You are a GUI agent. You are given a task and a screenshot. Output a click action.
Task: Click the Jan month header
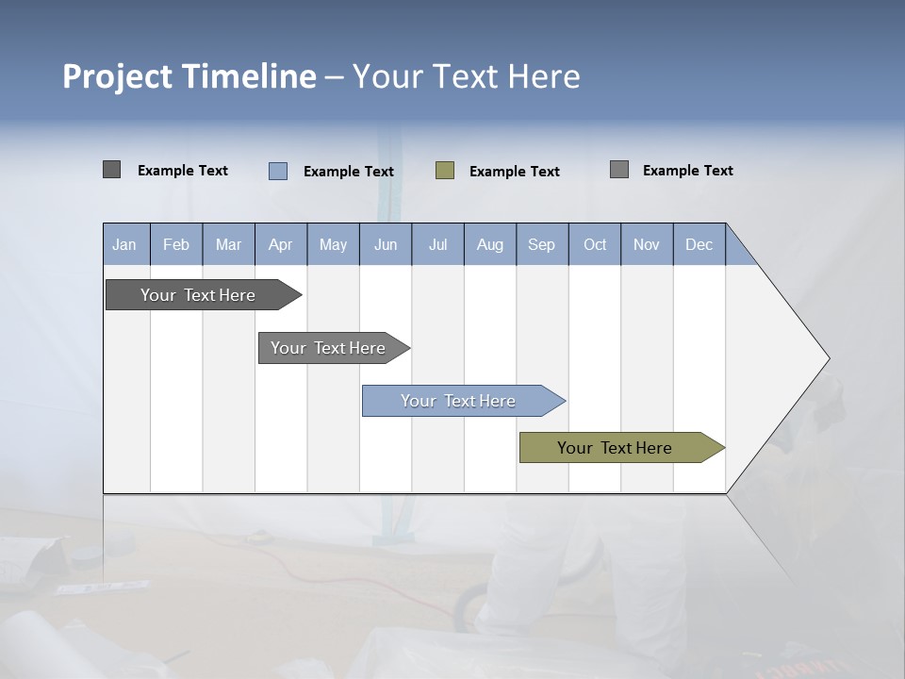click(x=124, y=244)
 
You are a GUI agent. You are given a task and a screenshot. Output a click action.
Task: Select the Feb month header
click(x=176, y=244)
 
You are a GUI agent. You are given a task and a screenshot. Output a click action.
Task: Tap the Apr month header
click(x=280, y=244)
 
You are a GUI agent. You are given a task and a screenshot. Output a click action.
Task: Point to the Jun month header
click(x=386, y=244)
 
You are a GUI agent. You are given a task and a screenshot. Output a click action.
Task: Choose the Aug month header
click(x=489, y=244)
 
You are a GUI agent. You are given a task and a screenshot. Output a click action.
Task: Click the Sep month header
click(x=541, y=244)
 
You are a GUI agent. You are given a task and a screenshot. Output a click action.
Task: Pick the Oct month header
click(x=595, y=244)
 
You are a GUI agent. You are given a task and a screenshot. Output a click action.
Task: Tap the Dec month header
click(x=699, y=244)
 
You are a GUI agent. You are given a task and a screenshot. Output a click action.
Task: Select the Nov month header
click(x=646, y=244)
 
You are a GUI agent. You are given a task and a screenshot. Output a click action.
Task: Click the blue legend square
click(x=278, y=171)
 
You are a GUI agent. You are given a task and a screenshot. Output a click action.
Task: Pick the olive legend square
click(x=445, y=171)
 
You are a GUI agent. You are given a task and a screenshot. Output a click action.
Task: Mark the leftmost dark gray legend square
click(x=112, y=170)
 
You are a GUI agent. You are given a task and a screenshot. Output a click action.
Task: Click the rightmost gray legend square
click(x=619, y=170)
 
